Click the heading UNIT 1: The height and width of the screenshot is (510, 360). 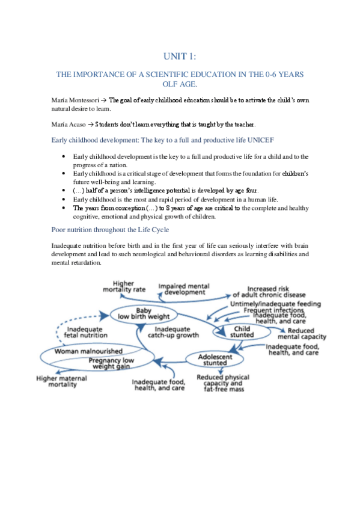[x=180, y=57]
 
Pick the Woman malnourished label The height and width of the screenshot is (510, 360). [x=88, y=351]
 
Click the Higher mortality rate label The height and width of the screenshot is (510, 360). [x=124, y=286]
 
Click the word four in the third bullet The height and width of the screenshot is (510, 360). [x=248, y=191]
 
